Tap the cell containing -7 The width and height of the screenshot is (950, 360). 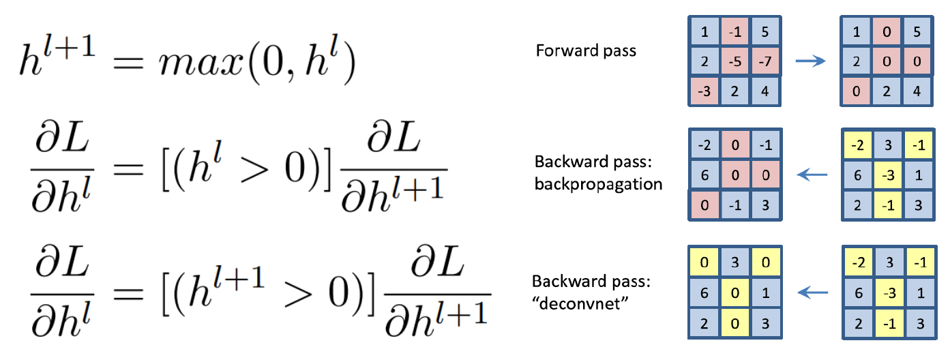pos(765,61)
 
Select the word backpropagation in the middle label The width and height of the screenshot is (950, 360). pos(598,184)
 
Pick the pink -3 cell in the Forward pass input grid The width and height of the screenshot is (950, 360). pos(704,91)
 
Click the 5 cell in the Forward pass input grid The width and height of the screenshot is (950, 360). pos(765,31)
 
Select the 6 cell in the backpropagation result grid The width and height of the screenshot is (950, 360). pos(704,176)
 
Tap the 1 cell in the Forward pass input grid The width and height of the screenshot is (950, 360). pos(704,31)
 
